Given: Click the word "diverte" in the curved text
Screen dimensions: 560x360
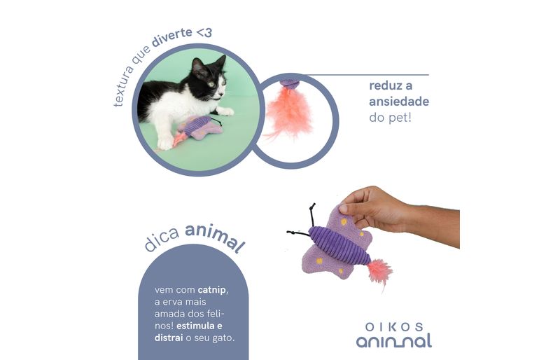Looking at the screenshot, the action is pos(172,38).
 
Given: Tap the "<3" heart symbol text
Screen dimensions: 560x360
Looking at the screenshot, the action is pos(204,33).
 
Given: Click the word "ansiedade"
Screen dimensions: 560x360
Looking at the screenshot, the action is pos(399,102).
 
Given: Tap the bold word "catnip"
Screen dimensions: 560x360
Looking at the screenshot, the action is pos(212,289).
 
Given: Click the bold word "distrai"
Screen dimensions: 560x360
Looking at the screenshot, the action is pos(169,338).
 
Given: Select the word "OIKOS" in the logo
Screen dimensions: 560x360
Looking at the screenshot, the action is pos(394,327).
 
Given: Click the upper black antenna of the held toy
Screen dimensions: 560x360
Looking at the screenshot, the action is pos(312,214).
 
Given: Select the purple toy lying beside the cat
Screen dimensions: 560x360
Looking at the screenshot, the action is pos(198,130).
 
